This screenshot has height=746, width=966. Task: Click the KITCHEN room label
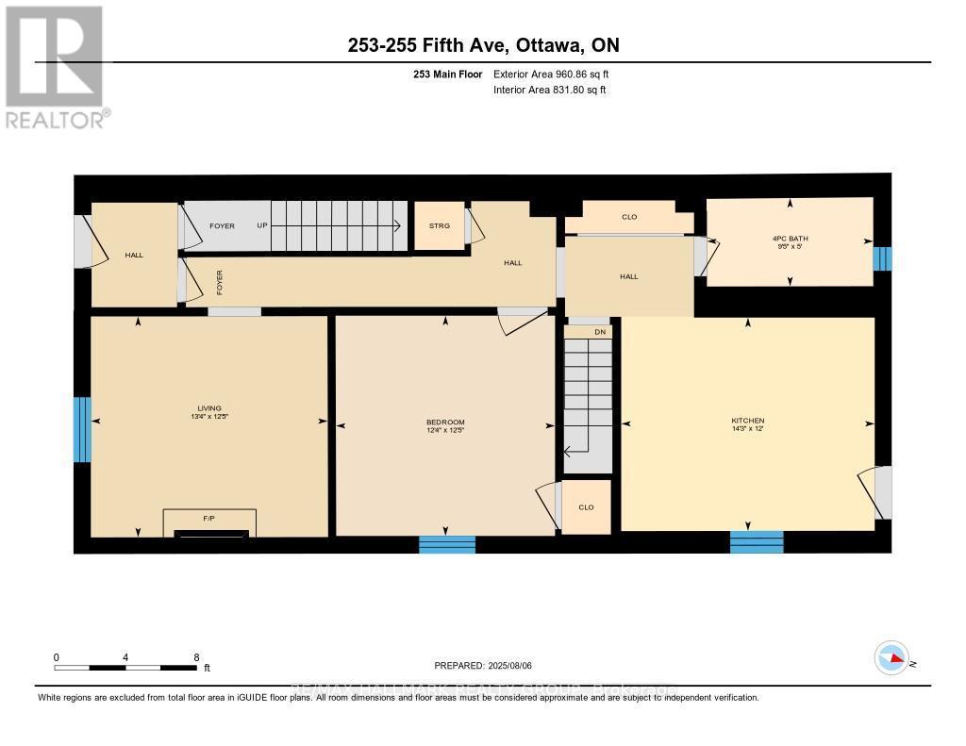coord(747,421)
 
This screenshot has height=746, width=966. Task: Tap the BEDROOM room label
coord(445,422)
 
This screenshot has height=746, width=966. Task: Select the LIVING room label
coord(208,407)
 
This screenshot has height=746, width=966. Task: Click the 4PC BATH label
coord(790,239)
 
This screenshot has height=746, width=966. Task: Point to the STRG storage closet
coord(440,226)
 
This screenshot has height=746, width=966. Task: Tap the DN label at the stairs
coord(599,332)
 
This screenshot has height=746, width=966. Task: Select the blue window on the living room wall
coord(82,429)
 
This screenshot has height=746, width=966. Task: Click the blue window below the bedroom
coord(447,544)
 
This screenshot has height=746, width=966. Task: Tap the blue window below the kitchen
coord(757,542)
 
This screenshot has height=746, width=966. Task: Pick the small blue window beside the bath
coord(882,258)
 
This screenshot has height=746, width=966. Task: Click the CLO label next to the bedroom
coord(586,507)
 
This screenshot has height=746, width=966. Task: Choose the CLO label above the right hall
coord(629,218)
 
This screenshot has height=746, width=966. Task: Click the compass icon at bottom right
coord(891,657)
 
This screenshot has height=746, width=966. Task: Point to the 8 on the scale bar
coord(196,657)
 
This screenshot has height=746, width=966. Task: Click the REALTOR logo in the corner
coord(56,66)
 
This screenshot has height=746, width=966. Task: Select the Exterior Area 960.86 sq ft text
coord(558,74)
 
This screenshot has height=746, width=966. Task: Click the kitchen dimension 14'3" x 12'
coord(747,430)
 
